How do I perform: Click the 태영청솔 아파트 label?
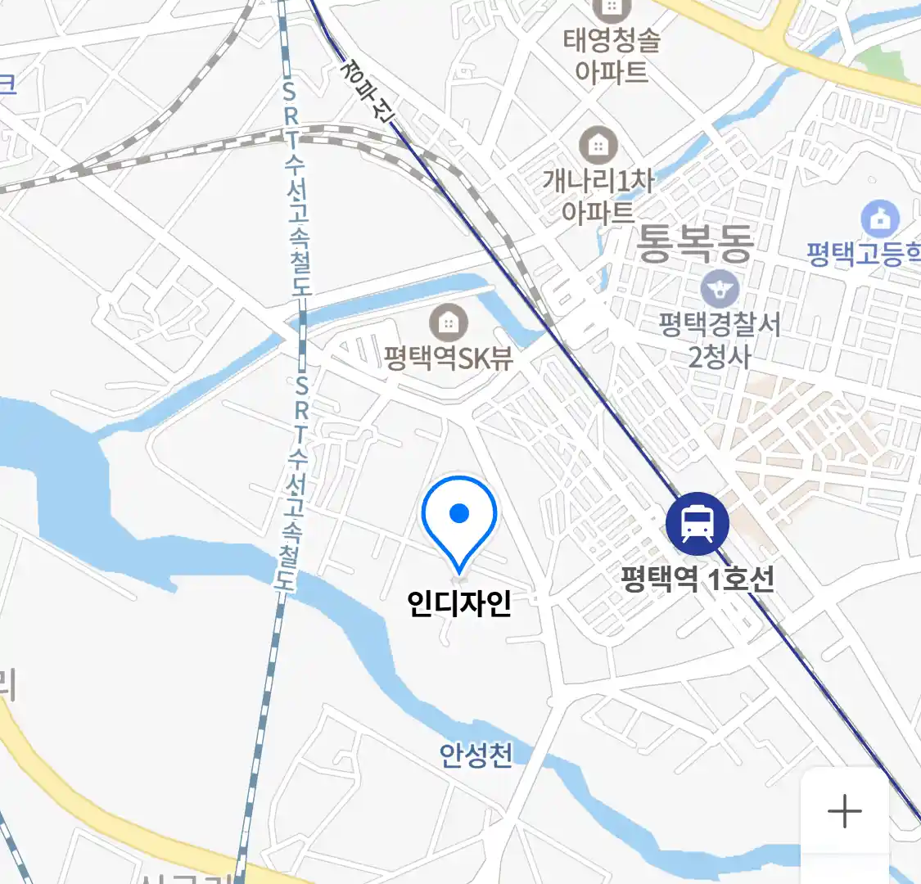(x=612, y=55)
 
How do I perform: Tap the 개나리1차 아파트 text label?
(x=598, y=196)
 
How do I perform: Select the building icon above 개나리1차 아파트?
(x=598, y=147)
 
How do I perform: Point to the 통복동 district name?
(x=695, y=243)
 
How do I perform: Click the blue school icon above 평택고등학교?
(x=880, y=219)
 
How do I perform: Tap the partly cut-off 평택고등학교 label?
(x=864, y=254)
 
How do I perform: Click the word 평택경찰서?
(x=720, y=325)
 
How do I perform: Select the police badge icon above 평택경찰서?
(x=720, y=289)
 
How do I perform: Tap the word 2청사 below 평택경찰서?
(x=719, y=357)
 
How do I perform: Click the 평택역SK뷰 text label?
(x=449, y=359)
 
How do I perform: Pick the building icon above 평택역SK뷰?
(x=448, y=322)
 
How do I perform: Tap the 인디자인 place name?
(x=459, y=603)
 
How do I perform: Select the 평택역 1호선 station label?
(x=697, y=580)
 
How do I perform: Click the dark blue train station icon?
(x=697, y=523)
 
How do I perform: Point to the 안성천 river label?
(x=476, y=755)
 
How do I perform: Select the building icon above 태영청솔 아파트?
(x=611, y=8)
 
